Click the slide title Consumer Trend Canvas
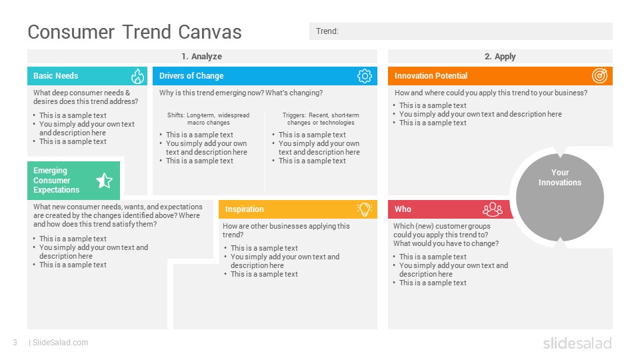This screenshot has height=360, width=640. coord(135,31)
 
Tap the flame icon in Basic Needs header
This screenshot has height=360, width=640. coord(137,76)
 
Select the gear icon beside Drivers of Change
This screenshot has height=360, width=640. coord(364,76)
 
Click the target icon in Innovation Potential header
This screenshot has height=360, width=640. coord(600,76)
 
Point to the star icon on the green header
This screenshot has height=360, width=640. coord(104,180)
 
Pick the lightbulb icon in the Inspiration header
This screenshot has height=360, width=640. coord(364,209)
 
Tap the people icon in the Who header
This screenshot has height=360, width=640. coord(493,209)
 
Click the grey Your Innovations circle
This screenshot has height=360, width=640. coord(560,197)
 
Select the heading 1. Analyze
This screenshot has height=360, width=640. coord(201,57)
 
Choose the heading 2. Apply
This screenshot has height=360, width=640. coord(500,57)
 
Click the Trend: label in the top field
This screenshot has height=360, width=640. coord(327,31)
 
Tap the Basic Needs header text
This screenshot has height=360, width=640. coord(56,76)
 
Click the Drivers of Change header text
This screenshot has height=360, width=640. coord(191,76)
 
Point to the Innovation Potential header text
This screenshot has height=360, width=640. coord(431,76)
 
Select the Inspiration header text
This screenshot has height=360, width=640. coord(245,209)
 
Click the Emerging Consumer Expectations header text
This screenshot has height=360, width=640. coord(57,180)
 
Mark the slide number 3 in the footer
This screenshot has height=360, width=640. coord(15,343)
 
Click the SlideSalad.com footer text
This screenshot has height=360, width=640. coord(60,343)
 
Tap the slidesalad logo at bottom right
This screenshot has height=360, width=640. coord(577,343)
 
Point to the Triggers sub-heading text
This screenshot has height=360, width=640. coord(321,119)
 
